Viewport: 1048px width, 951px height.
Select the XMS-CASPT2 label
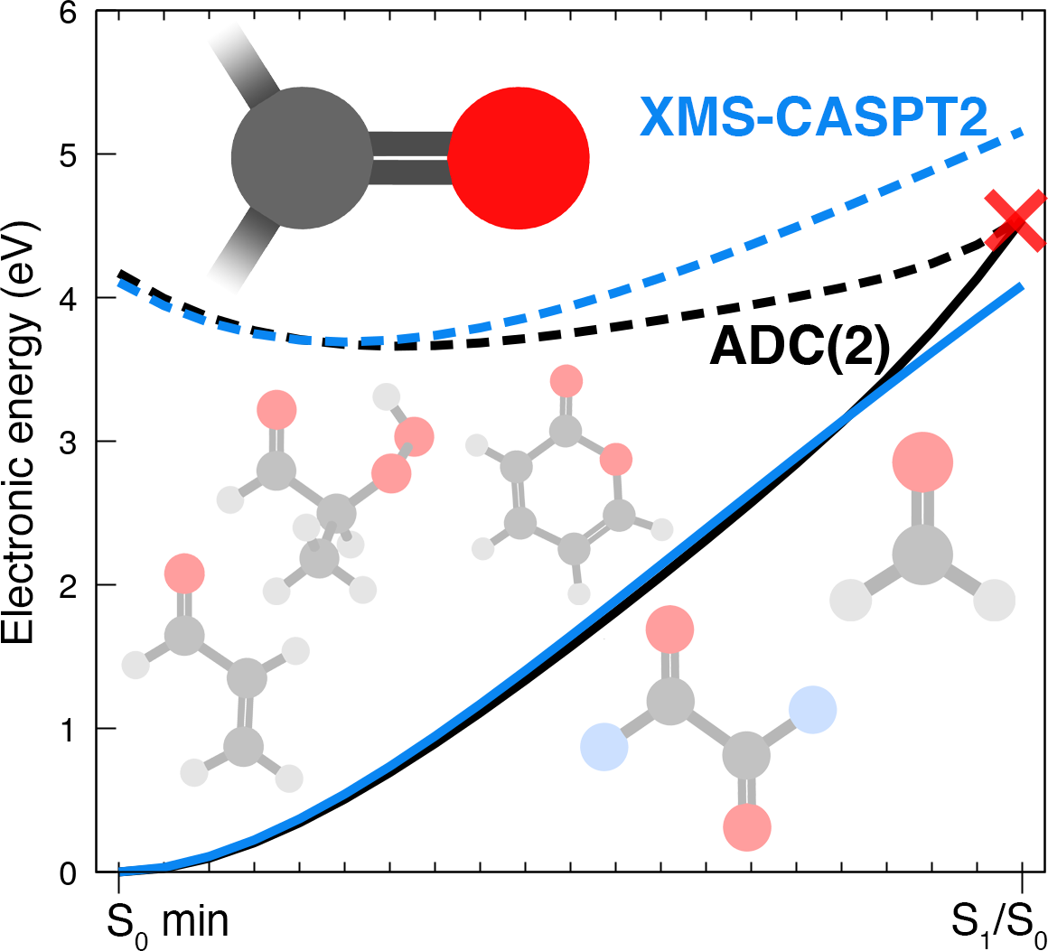click(813, 118)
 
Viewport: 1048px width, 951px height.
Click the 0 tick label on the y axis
click(80, 872)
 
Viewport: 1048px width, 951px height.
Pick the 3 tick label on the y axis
click(80, 442)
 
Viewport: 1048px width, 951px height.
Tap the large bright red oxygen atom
click(519, 158)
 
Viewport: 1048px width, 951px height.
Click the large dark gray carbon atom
click(302, 158)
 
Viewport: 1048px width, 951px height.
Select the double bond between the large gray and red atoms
click(411, 158)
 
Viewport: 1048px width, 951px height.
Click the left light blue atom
click(604, 747)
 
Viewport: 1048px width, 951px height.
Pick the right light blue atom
click(812, 709)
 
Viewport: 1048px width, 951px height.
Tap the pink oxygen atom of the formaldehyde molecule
click(922, 462)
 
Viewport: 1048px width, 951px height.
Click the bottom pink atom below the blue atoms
click(747, 825)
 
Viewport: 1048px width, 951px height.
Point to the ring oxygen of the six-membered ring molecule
click(616, 459)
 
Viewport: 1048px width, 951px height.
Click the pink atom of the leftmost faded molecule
click(184, 573)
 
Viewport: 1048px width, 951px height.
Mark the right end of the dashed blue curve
click(1022, 132)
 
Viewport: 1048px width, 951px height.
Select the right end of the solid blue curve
click(1022, 287)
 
